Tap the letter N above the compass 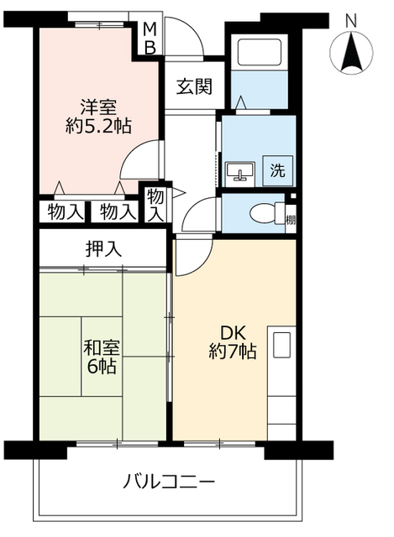point(351,19)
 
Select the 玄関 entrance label point(194,86)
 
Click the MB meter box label point(150,39)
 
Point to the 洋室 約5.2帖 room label point(98,117)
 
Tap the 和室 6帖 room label point(100,356)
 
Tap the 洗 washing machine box point(277,170)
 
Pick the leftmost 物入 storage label point(65,212)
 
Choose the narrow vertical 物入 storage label point(156,206)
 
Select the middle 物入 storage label point(117,212)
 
